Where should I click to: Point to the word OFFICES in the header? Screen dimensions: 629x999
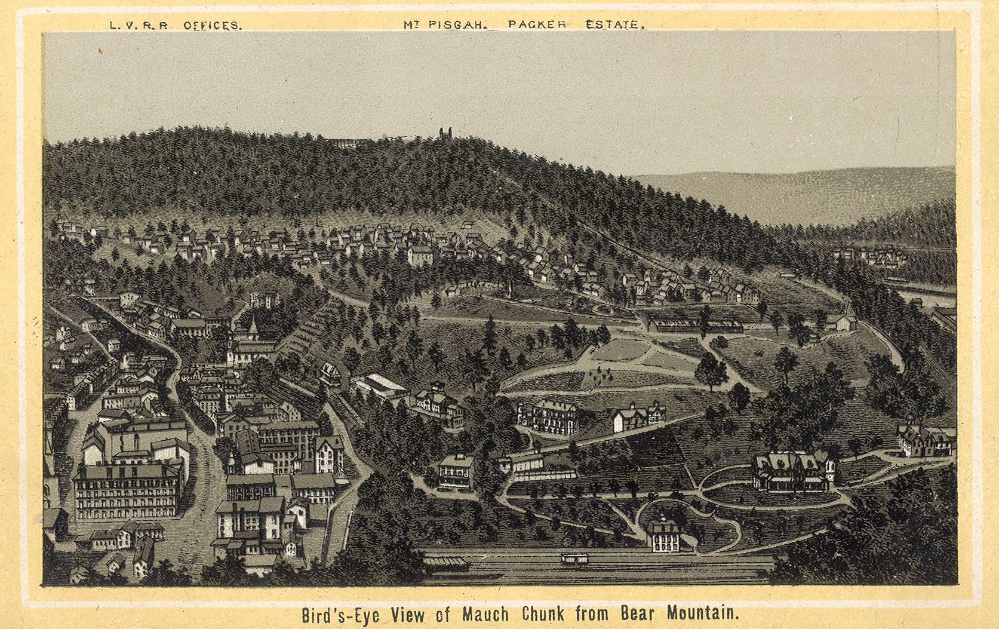click(212, 26)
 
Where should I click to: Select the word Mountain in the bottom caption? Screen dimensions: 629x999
click(703, 614)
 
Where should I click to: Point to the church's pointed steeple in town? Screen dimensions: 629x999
click(253, 326)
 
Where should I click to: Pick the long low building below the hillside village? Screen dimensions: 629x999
click(696, 326)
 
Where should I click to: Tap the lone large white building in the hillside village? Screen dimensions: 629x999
click(420, 255)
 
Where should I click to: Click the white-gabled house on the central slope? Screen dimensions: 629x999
click(637, 418)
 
